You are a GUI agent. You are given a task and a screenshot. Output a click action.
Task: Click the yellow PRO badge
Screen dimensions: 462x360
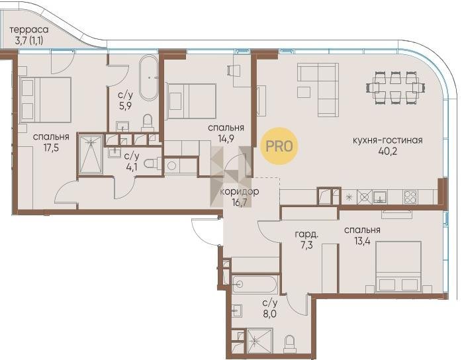(279, 146)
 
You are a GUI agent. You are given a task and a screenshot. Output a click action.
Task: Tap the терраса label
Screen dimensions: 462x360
(29, 30)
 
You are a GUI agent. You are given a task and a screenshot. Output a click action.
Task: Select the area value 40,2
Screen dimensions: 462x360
(387, 151)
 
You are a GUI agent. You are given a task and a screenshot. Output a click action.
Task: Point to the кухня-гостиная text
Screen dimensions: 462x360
(387, 140)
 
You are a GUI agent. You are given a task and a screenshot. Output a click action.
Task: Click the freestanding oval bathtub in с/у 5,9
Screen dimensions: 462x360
(149, 78)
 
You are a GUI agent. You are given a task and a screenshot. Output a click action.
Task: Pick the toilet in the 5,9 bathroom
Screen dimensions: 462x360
(148, 123)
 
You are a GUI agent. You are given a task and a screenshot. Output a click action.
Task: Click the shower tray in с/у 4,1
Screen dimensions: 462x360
(91, 154)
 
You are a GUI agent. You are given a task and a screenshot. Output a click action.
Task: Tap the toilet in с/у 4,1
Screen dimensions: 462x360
(153, 163)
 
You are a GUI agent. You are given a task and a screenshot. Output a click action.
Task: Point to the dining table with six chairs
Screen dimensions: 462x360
(395, 87)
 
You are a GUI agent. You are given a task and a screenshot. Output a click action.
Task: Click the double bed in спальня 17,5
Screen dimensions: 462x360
(46, 100)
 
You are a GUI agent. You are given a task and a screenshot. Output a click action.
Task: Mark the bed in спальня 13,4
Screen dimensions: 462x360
(398, 267)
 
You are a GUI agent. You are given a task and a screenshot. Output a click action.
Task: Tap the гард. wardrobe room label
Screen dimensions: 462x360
(306, 234)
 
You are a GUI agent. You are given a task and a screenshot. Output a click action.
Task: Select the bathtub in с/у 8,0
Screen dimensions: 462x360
(255, 285)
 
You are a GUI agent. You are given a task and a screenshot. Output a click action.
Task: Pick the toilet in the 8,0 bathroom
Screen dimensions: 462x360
(290, 343)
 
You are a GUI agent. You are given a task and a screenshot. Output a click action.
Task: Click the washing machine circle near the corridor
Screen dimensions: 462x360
(171, 166)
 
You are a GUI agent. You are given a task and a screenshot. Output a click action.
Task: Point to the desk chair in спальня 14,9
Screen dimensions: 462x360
(234, 71)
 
